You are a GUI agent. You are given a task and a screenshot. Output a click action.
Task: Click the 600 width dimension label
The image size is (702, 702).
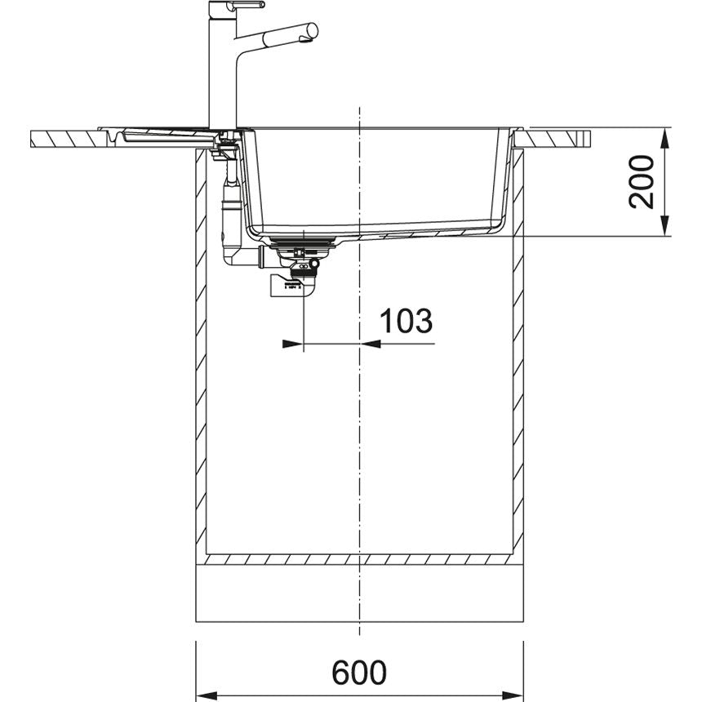tap(358, 673)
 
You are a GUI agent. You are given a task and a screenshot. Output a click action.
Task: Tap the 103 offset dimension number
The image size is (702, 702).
tap(407, 322)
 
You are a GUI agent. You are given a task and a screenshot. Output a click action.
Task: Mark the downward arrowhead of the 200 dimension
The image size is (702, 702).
tap(665, 227)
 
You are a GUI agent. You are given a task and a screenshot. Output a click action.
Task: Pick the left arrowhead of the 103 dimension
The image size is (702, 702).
tap(292, 344)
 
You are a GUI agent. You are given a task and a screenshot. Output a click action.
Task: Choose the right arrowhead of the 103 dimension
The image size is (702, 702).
tap(371, 344)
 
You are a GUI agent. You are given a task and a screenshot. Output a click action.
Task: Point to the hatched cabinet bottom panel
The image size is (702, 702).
tap(359, 561)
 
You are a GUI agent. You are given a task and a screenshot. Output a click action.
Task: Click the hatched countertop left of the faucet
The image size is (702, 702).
tap(65, 137)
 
